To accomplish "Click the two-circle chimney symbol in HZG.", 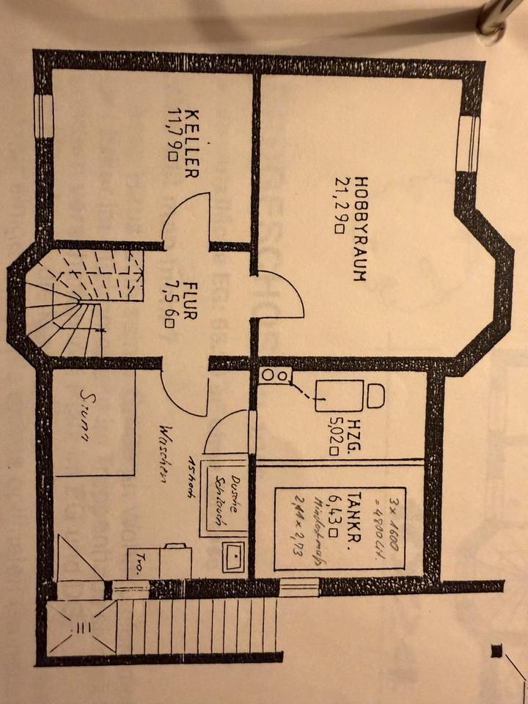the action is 275,375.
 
